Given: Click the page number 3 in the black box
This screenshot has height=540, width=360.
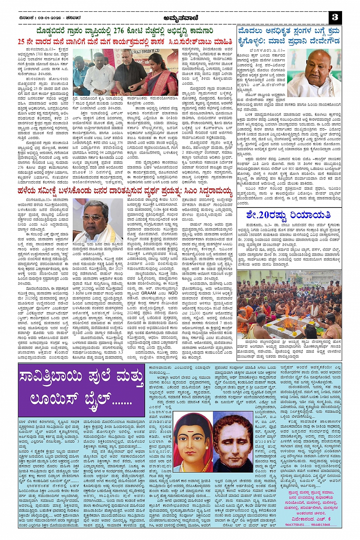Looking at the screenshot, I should pos(335,17).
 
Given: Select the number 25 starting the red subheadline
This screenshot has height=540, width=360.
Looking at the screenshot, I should pos(22,42).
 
